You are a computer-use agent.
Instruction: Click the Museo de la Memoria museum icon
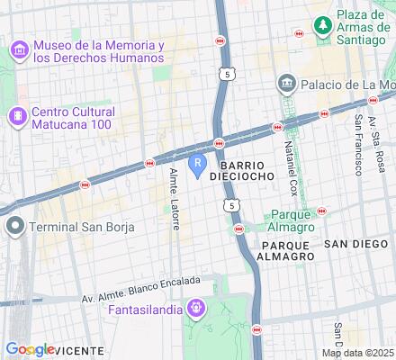pos(18,52)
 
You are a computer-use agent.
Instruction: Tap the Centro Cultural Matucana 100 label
pos(71,117)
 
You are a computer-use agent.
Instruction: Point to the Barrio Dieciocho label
pos(236,171)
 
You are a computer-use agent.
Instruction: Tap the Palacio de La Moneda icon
pos(286,85)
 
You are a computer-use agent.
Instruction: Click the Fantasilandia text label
pos(142,310)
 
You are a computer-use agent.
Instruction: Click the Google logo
pos(30,349)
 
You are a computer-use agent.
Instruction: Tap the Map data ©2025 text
pos(358,352)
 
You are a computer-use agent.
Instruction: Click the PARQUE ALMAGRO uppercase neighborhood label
pos(286,250)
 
